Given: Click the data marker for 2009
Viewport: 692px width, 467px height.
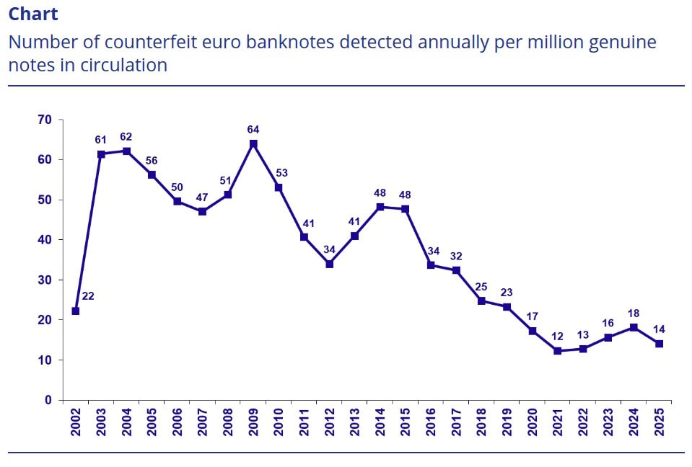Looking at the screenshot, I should point(253,144).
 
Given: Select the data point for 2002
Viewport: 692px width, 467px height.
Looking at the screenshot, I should point(76,311).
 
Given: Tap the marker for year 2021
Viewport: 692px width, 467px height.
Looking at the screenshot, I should point(558,351).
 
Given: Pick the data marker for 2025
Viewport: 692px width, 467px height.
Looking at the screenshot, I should point(659,344).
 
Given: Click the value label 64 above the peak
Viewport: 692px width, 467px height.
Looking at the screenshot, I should point(253,130).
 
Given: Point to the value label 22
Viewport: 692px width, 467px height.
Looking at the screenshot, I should point(88,295).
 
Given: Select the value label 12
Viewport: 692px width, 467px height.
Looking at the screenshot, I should point(558,336).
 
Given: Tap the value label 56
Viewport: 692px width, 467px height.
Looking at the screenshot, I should point(152,160).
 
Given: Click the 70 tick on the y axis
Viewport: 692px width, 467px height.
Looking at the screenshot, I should point(45,120).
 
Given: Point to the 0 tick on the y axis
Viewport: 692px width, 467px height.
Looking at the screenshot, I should point(48,400).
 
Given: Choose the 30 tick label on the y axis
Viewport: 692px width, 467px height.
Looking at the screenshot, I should point(45,280).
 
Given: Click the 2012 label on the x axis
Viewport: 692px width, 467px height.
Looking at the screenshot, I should point(330,422).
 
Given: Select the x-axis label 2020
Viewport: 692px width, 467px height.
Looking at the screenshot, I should point(533,422).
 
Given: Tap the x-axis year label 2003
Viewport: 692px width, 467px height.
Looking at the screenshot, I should point(101,422).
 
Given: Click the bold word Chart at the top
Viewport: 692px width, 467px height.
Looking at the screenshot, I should point(33,14).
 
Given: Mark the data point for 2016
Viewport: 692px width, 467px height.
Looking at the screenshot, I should point(431,265).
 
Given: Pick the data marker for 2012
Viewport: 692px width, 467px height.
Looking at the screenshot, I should point(330,264).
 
